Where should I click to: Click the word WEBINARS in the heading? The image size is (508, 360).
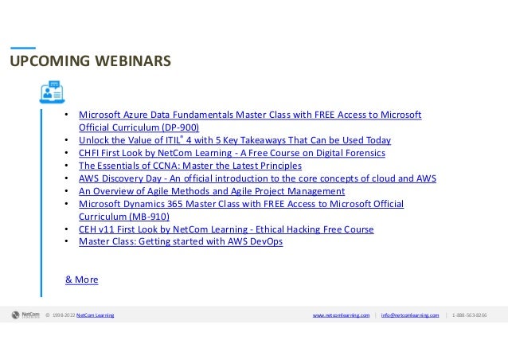tap(128, 61)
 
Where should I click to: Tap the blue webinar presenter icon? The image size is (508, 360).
tap(52, 91)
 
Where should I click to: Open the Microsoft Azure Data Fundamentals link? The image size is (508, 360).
tap(249, 115)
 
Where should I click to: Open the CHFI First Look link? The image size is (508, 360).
tap(231, 153)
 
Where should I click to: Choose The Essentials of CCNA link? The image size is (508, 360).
tap(190, 166)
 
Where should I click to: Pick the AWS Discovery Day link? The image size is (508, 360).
tap(257, 178)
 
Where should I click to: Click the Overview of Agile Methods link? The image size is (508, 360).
tap(211, 191)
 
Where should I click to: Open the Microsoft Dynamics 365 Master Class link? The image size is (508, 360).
tap(240, 204)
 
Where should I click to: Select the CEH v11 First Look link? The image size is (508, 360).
tap(225, 229)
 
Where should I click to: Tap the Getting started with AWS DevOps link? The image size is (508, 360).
tap(180, 242)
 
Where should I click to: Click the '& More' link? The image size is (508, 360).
tap(81, 280)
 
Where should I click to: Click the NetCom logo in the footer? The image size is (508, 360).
tap(25, 315)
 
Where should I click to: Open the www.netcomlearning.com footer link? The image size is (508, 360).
tap(342, 316)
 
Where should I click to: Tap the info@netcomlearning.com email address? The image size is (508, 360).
tap(409, 316)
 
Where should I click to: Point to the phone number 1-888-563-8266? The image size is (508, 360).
tap(469, 316)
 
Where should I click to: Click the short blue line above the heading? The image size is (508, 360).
tap(22, 47)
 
